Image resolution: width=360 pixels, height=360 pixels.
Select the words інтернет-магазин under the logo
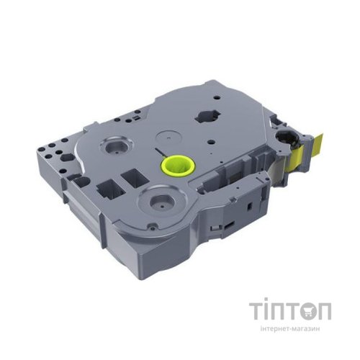[290, 328]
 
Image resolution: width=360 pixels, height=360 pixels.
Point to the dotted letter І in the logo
[265, 309]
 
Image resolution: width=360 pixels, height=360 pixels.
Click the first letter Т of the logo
[256, 311]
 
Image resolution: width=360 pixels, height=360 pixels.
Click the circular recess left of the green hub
[116, 146]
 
